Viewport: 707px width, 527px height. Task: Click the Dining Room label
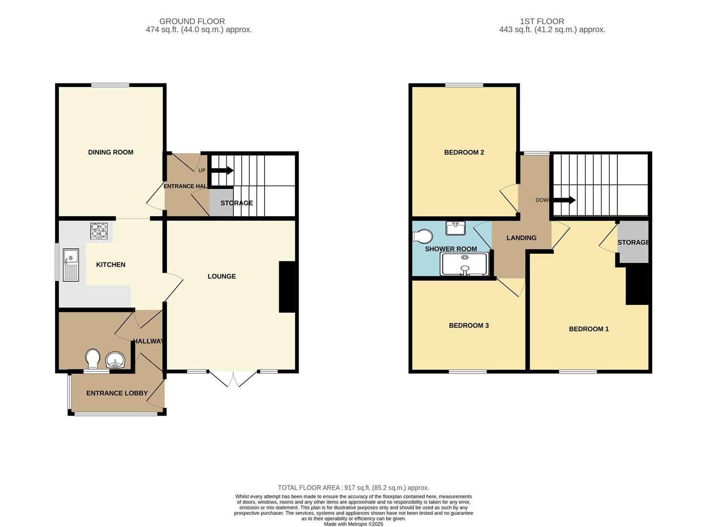pos(110,152)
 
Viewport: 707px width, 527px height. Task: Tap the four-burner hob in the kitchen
pos(99,231)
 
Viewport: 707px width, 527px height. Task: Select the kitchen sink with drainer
pos(71,265)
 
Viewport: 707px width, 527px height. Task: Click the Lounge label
pos(222,276)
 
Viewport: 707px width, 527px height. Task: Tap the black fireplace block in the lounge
pos(288,286)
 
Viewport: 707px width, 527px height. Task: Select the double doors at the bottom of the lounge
pos(233,379)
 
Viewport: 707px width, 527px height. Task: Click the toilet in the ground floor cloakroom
pos(92,359)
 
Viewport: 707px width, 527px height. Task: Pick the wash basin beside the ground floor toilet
pos(116,360)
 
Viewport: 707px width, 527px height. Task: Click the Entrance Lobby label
pos(117,393)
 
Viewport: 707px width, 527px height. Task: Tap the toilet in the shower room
pos(423,237)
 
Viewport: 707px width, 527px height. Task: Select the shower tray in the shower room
pos(464,264)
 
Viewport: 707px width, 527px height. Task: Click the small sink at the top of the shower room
pos(455,227)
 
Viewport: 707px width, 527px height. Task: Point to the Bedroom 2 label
pos(464,152)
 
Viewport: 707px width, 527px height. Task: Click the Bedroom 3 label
pos(469,325)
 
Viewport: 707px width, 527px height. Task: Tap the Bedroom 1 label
pos(588,329)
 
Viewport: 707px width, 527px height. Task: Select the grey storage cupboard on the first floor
pos(633,243)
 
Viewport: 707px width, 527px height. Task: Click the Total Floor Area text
pos(353,487)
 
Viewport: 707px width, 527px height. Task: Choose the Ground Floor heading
pos(192,21)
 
